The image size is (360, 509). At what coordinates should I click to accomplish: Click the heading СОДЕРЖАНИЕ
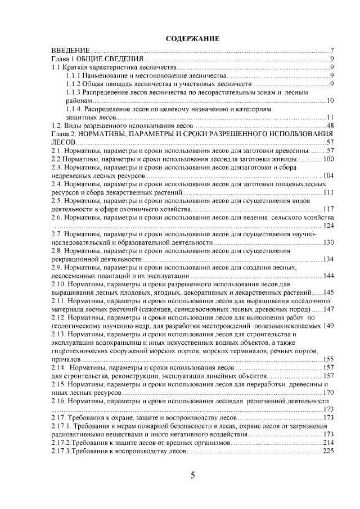(x=192, y=39)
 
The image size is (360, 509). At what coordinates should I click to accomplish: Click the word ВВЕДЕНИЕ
(x=70, y=51)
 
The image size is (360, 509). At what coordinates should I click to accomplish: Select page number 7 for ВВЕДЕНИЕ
(x=334, y=51)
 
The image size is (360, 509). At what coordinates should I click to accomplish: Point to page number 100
(x=329, y=159)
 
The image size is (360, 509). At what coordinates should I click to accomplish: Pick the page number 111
(x=329, y=192)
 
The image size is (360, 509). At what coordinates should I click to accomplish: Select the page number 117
(x=329, y=209)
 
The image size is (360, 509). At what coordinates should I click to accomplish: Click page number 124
(x=329, y=226)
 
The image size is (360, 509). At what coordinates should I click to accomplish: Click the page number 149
(x=330, y=326)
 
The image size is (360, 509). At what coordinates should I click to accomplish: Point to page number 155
(x=329, y=359)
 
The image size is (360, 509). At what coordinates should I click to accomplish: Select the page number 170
(x=329, y=392)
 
